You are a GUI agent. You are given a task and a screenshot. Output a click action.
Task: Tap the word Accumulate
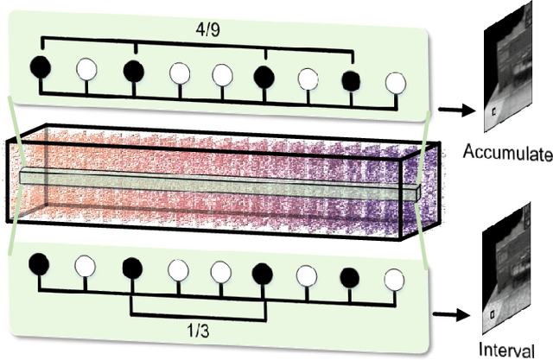[507, 155]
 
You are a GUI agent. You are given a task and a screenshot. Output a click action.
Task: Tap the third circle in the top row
[133, 70]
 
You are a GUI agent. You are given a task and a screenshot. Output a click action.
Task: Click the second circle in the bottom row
[85, 265]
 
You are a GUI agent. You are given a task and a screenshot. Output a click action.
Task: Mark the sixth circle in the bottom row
[263, 275]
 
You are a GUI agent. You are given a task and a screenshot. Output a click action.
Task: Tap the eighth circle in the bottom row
[350, 277]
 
